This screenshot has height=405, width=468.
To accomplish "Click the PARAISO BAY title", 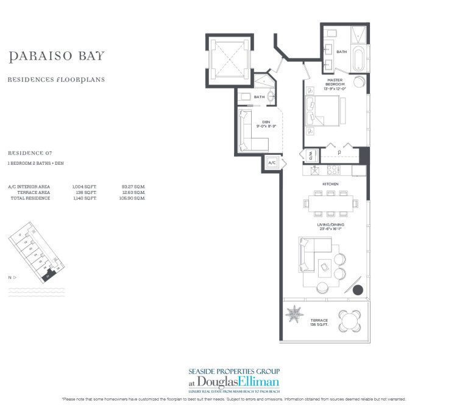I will (x=57, y=57).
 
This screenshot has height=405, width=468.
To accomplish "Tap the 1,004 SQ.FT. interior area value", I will (x=81, y=186).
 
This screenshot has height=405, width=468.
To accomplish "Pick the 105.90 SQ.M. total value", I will (x=133, y=198).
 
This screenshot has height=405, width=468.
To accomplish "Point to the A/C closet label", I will (x=272, y=163).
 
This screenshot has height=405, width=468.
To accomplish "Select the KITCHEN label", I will (x=330, y=184).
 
